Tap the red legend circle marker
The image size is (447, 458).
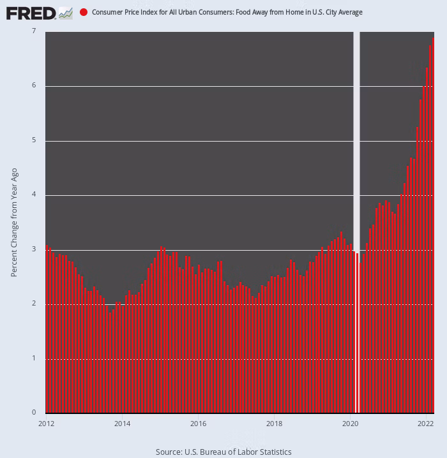[84, 13]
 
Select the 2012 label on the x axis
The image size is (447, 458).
[46, 423]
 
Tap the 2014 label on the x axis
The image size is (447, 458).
[122, 423]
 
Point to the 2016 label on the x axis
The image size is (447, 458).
[198, 423]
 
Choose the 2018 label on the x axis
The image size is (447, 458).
[274, 423]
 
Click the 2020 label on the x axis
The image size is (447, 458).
[350, 423]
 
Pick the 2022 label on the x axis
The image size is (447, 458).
[426, 423]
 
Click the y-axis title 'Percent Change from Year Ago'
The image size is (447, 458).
[14, 221]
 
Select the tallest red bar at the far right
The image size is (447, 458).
[433, 223]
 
